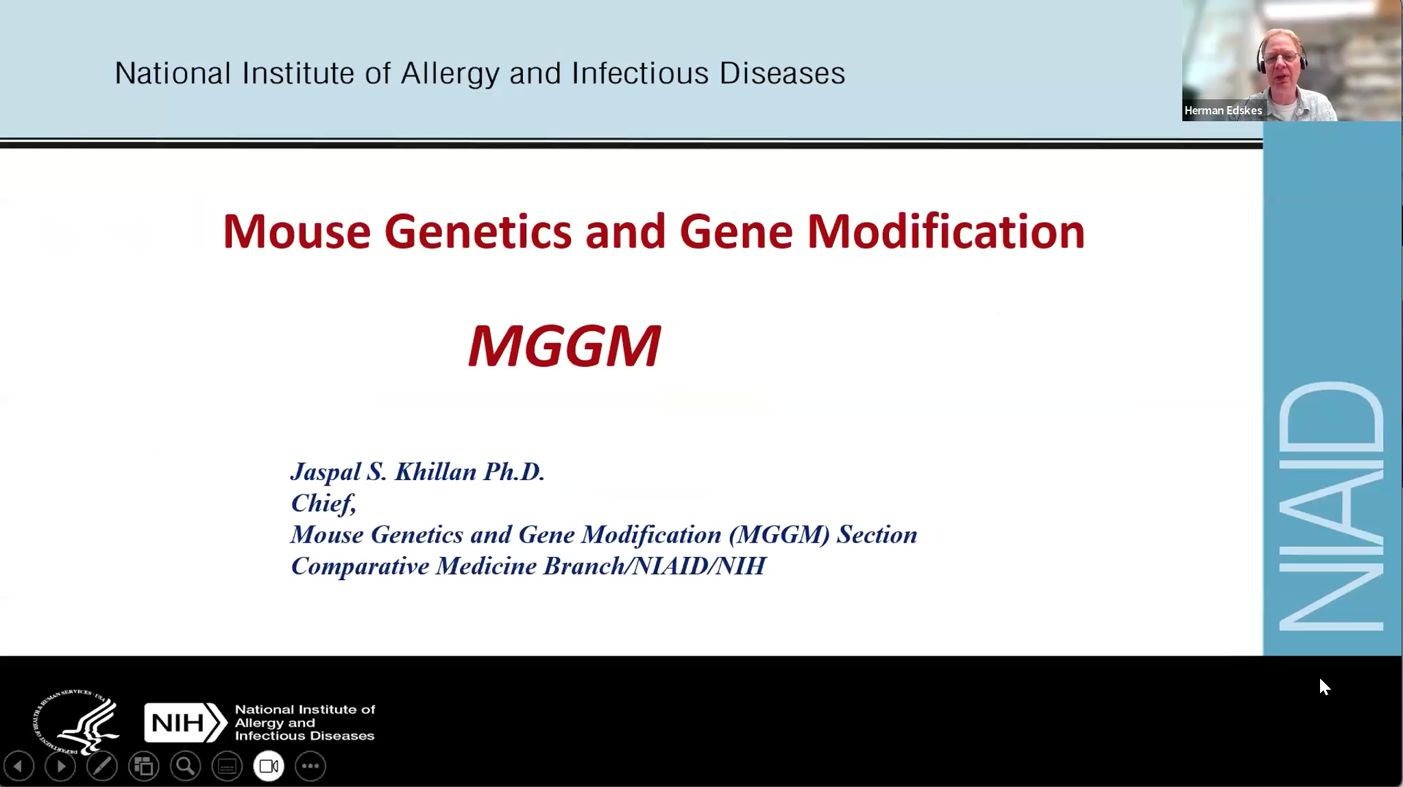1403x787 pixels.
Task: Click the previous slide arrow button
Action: (19, 766)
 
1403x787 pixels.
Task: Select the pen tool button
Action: (102, 766)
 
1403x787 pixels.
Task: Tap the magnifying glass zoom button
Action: (186, 766)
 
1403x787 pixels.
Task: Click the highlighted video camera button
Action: (269, 766)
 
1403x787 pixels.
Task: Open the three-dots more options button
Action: (310, 766)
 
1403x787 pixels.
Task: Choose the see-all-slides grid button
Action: (144, 766)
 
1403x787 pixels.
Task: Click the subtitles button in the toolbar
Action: (227, 766)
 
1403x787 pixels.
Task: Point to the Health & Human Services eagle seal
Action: (77, 721)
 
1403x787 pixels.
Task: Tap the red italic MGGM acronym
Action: (565, 346)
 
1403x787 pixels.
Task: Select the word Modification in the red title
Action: (946, 232)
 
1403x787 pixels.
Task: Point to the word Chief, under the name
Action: (324, 503)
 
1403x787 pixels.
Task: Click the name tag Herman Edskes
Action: (1223, 110)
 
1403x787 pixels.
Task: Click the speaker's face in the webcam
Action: (1280, 60)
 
